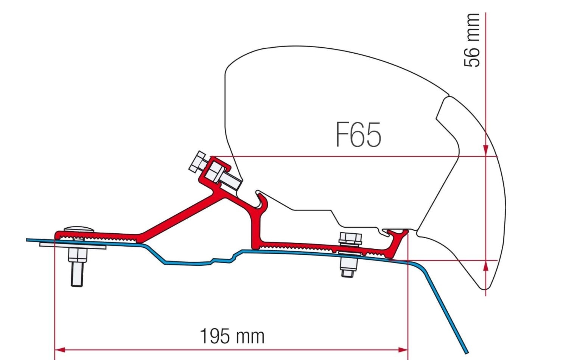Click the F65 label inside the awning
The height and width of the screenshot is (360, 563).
pyautogui.click(x=358, y=135)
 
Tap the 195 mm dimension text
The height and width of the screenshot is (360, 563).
pyautogui.click(x=232, y=336)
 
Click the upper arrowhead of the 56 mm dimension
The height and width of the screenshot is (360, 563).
pyautogui.click(x=486, y=151)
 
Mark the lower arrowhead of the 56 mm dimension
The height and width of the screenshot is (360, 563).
pyautogui.click(x=486, y=266)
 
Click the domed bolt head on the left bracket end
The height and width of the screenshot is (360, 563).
pyautogui.click(x=79, y=229)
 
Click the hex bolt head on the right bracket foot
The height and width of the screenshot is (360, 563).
pyautogui.click(x=350, y=238)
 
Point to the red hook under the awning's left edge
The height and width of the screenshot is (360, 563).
pyautogui.click(x=262, y=200)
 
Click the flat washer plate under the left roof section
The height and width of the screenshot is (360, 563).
pyautogui.click(x=72, y=246)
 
